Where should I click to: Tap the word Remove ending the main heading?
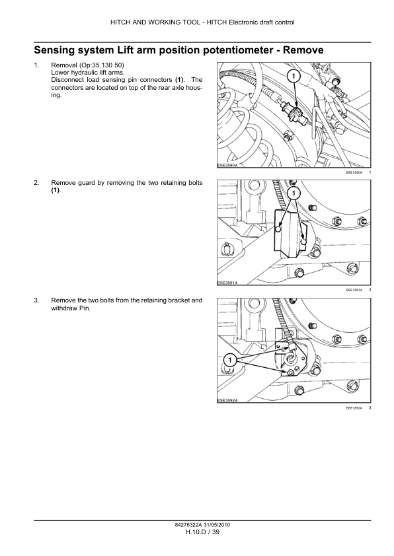[x=303, y=50]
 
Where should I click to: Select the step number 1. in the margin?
[x=36, y=65]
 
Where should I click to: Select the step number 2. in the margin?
[x=36, y=183]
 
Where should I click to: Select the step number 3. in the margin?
[x=36, y=300]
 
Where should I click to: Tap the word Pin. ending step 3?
[x=85, y=308]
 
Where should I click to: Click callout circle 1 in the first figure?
[x=294, y=76]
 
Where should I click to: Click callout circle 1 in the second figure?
[x=294, y=193]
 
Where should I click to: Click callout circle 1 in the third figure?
[x=229, y=361]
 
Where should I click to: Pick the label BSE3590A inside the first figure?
[x=227, y=165]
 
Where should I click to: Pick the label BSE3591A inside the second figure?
[x=227, y=283]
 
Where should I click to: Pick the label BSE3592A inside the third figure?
[x=227, y=400]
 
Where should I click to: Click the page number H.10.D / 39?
[x=203, y=532]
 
